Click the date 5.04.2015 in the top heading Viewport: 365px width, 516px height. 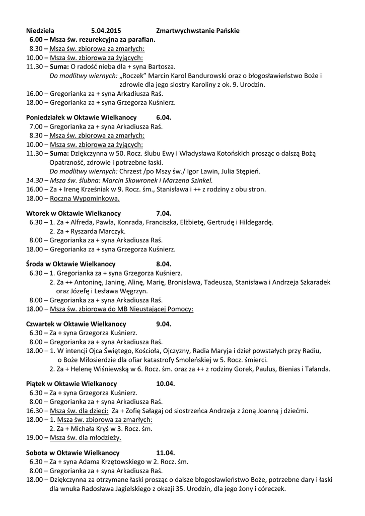click(x=106, y=31)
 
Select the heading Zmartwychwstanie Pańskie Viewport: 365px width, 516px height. click(x=198, y=31)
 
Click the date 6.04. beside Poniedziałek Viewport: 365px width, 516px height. click(x=164, y=117)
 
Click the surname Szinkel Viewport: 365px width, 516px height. click(x=200, y=180)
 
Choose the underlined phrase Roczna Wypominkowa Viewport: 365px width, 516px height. click(x=81, y=198)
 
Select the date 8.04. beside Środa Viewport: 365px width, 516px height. click(x=164, y=264)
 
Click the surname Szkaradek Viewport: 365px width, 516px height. click(x=309, y=282)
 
